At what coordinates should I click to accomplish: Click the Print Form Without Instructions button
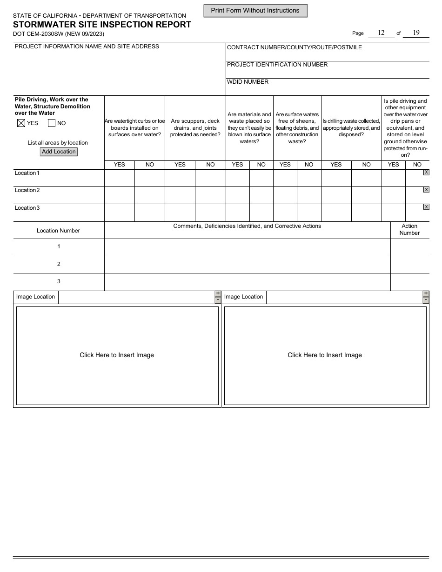coord(255,11)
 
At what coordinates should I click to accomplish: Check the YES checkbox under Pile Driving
coord(20,123)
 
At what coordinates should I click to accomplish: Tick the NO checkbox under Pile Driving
coord(52,123)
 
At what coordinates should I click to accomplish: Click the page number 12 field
coord(381,33)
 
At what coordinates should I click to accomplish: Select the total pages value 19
coord(416,33)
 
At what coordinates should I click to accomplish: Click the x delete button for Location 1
coord(426,173)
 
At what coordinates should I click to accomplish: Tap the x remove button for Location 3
coord(426,207)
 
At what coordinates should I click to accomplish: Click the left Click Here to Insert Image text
coord(117,355)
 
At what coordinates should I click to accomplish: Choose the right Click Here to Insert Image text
coord(325,355)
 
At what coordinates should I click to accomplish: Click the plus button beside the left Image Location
coord(218,293)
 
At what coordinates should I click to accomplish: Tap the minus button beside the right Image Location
coord(426,300)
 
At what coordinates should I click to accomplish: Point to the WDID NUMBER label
coord(248,82)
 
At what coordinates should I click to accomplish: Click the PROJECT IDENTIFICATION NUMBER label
coord(277,65)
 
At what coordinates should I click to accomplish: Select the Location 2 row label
coord(27,190)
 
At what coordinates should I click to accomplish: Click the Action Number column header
coord(409,230)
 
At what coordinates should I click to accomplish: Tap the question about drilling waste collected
coord(351,128)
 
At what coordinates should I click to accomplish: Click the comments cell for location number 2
coord(247,264)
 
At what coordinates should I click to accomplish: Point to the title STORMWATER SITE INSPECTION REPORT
coord(102,25)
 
